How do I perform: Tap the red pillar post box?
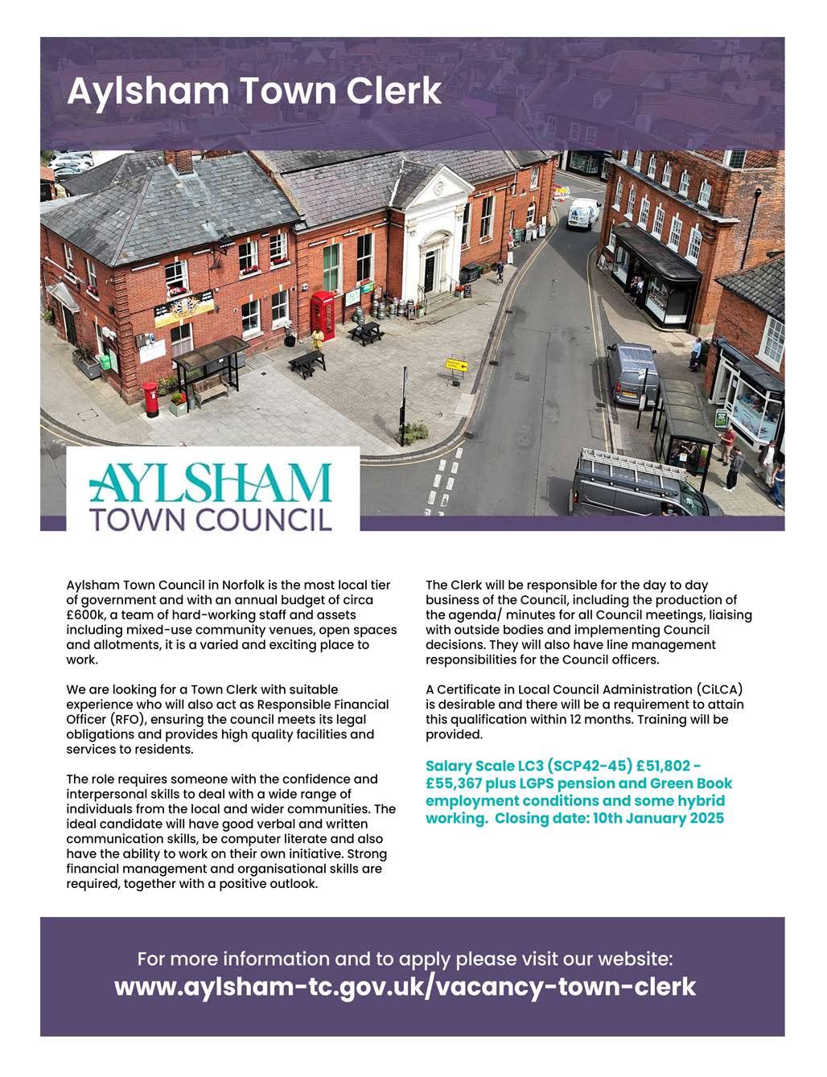pyautogui.click(x=150, y=398)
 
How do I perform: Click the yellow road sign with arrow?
pyautogui.click(x=456, y=364)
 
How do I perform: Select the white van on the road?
pyautogui.click(x=582, y=213)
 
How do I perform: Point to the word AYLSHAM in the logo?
pyautogui.click(x=209, y=483)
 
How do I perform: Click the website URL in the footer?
pyautogui.click(x=405, y=986)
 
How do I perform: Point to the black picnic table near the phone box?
pyautogui.click(x=365, y=331)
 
